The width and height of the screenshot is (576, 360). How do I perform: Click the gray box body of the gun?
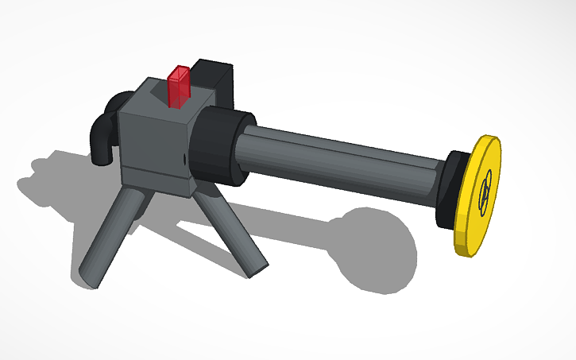(155, 139)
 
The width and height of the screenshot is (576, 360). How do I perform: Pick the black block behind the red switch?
(215, 79)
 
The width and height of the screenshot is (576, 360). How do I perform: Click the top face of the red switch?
(179, 72)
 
